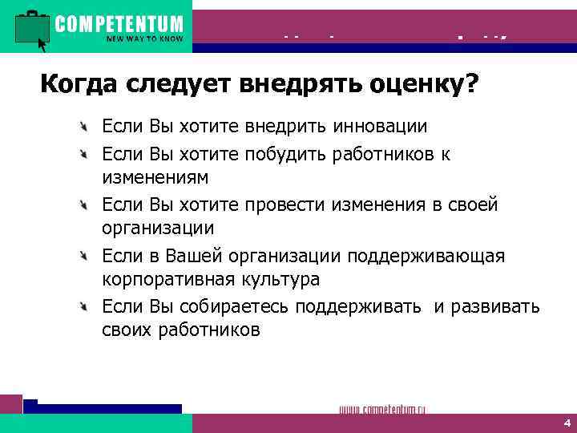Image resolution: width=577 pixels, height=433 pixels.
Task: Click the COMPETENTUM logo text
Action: tap(119, 23)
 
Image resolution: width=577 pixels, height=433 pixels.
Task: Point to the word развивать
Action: tap(496, 307)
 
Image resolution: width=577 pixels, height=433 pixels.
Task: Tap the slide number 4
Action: tap(566, 423)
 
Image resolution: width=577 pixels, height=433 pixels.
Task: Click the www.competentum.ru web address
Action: tap(382, 409)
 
